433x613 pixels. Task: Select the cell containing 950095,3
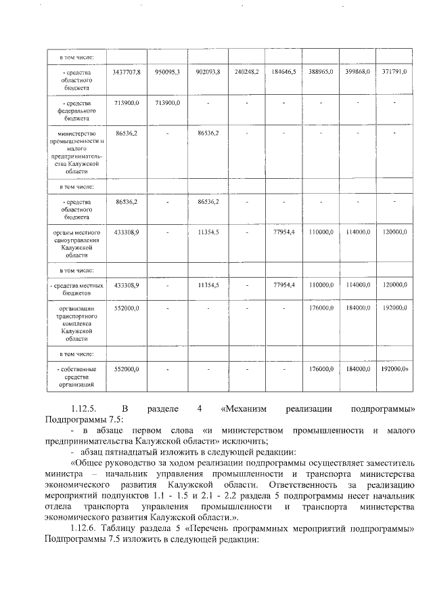167,71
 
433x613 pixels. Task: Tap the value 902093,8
208,71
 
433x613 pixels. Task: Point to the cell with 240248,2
247,71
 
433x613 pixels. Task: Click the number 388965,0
321,71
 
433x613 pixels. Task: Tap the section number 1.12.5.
86,409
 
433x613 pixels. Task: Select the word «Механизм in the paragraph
244,409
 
